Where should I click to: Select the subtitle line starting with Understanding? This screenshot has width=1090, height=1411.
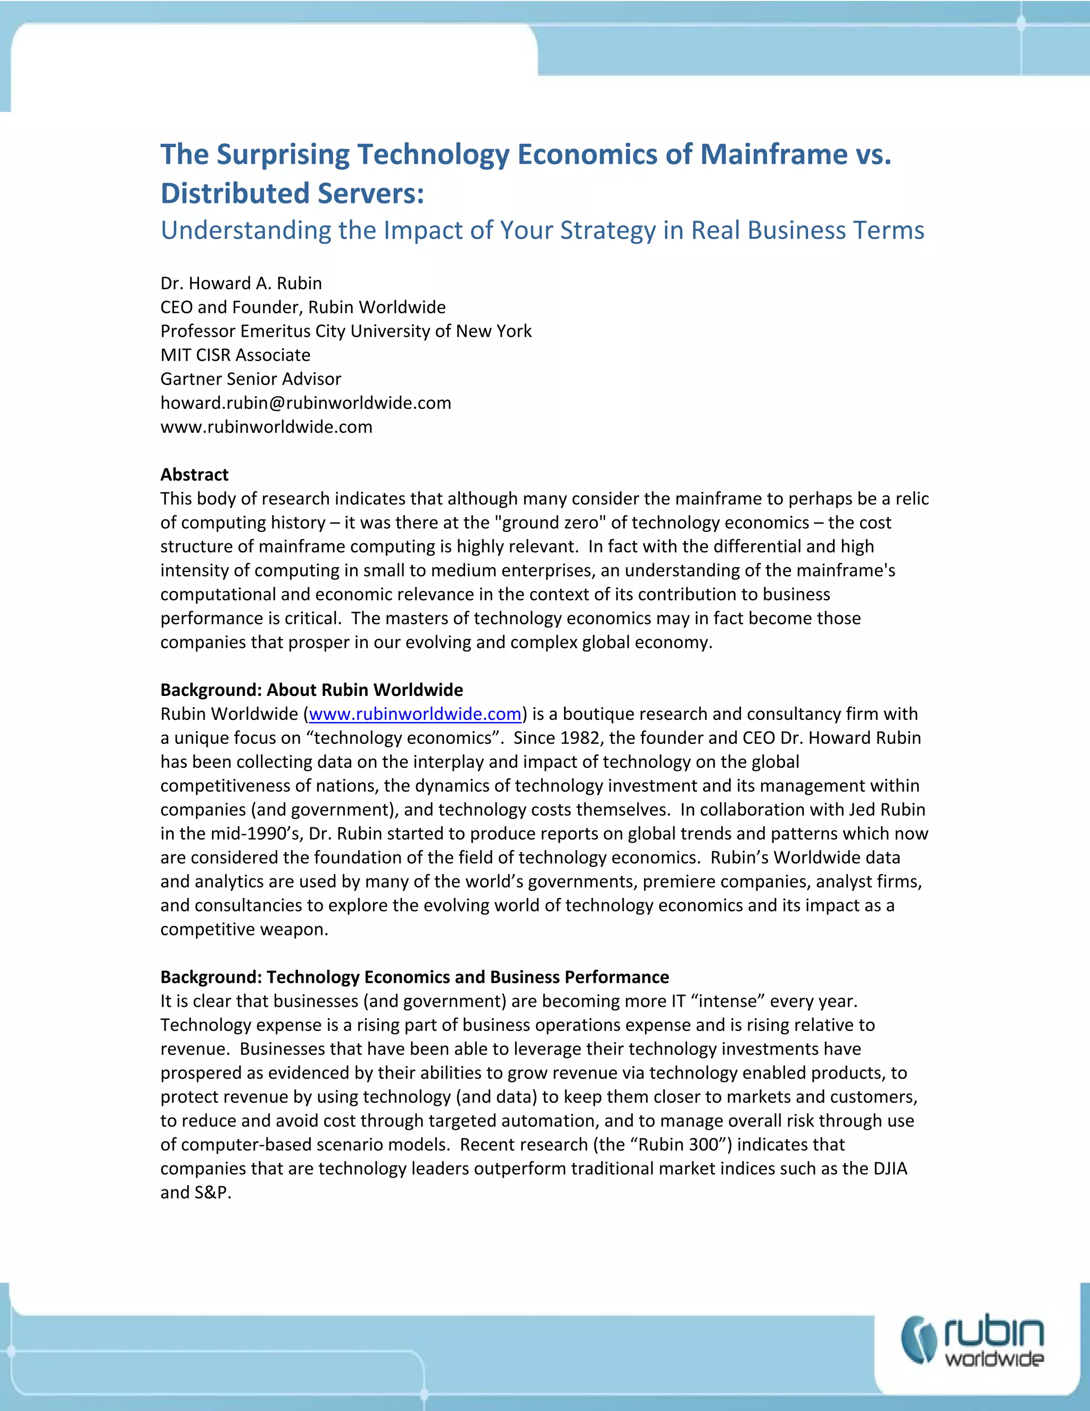point(542,231)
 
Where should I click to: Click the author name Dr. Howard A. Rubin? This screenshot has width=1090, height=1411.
point(241,284)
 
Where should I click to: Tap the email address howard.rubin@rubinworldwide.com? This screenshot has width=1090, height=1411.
point(305,403)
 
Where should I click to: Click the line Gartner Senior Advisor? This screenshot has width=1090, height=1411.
point(251,379)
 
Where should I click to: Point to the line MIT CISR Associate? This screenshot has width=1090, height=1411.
point(235,355)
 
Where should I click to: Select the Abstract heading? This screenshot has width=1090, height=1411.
point(194,475)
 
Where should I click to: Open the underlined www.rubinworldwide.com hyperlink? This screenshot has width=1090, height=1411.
point(415,714)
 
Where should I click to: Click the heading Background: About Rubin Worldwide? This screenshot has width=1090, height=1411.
point(311,690)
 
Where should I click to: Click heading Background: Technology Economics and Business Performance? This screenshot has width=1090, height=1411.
point(415,977)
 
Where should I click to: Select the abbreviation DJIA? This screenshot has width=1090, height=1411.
point(890,1169)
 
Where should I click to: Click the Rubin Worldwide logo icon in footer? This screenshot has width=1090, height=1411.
point(919,1340)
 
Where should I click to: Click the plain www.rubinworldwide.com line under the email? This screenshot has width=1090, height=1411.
point(266,427)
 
